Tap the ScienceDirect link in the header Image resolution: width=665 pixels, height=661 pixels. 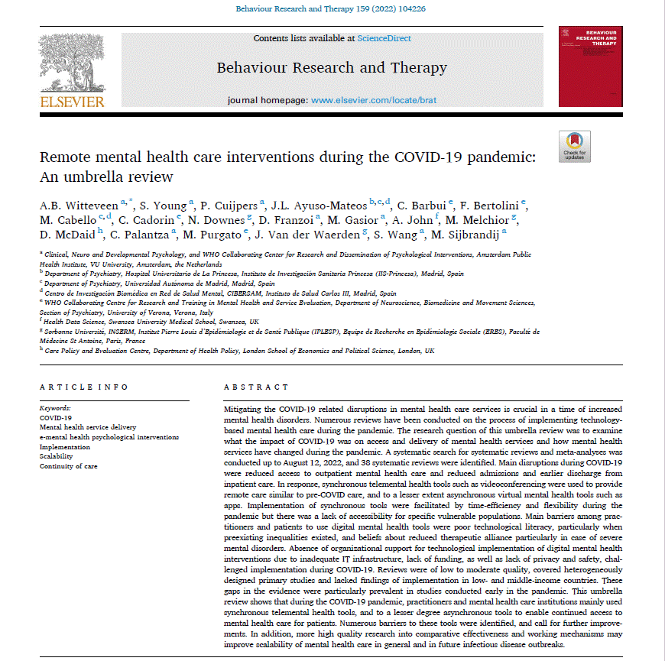coord(384,38)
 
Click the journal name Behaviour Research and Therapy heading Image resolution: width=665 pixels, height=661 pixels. coord(332,67)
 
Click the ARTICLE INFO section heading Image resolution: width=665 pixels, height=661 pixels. coord(84,387)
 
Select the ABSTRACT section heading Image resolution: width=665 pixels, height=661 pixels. coord(256,387)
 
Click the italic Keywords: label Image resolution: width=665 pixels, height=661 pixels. coord(55,409)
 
